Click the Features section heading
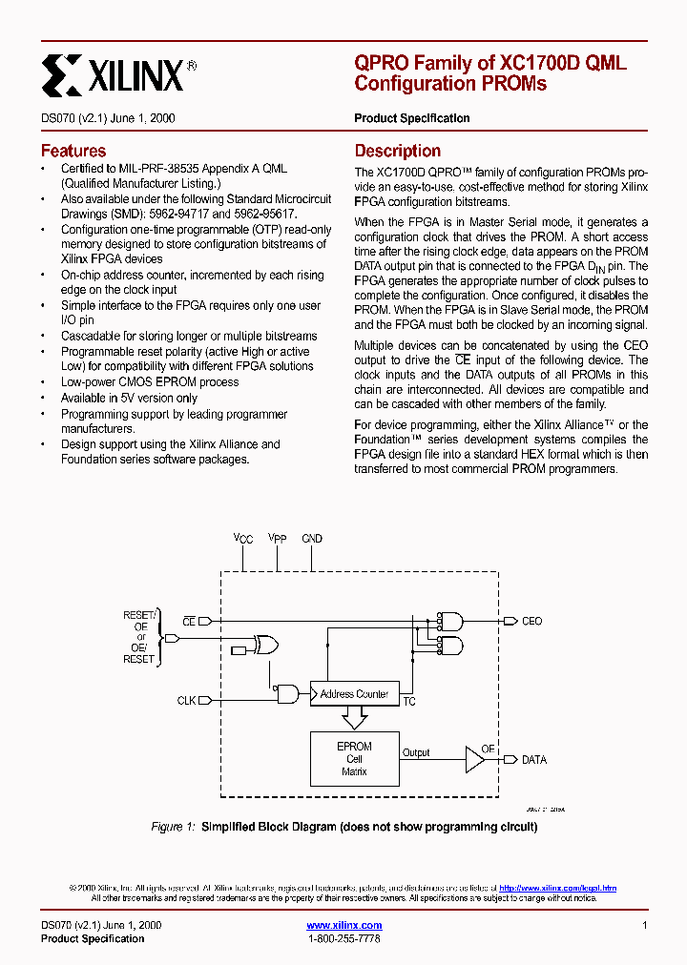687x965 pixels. [73, 151]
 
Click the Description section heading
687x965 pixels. [397, 151]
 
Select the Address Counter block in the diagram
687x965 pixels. [354, 694]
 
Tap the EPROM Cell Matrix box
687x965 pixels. [354, 759]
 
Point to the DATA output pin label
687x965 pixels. [533, 760]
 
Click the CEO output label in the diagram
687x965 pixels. [531, 621]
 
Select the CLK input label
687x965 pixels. [186, 700]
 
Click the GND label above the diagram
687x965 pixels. [312, 539]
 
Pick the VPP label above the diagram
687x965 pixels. [277, 539]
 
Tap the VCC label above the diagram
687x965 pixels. [243, 539]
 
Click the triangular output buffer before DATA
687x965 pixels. [474, 760]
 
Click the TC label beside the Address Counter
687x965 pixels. [409, 702]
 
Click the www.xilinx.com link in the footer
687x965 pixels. [343, 925]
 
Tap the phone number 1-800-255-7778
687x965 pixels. [343, 939]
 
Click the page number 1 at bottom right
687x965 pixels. [645, 925]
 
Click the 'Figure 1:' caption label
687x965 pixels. [174, 827]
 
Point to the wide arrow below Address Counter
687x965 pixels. [354, 719]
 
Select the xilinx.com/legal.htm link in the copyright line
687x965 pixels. [557, 888]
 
